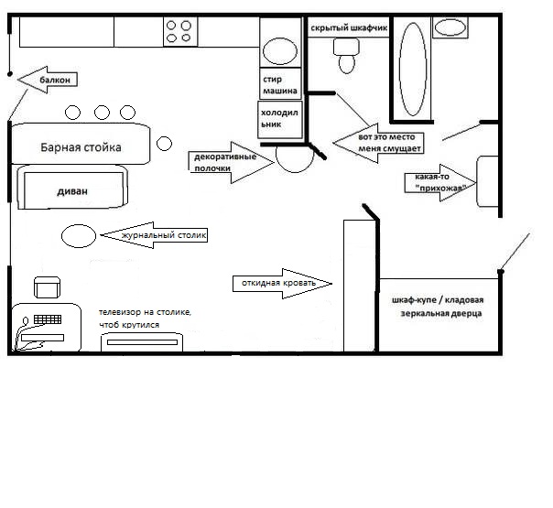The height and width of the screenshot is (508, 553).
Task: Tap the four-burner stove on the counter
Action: (x=179, y=32)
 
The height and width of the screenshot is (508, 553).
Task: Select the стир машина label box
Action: (x=278, y=81)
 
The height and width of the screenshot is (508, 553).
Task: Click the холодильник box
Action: (x=279, y=118)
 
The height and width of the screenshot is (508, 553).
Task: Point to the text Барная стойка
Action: (x=81, y=147)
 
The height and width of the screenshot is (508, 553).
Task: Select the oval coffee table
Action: (x=78, y=235)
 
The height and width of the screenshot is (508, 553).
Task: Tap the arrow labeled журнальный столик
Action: (x=154, y=235)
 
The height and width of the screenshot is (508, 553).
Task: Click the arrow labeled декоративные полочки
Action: (x=231, y=163)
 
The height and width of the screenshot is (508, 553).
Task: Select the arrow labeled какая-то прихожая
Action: (x=439, y=182)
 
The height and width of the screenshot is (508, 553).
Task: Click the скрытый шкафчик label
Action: (x=350, y=28)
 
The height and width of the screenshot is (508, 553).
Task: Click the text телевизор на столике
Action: (x=146, y=313)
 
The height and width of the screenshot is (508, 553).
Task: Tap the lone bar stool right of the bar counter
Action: (x=165, y=144)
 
